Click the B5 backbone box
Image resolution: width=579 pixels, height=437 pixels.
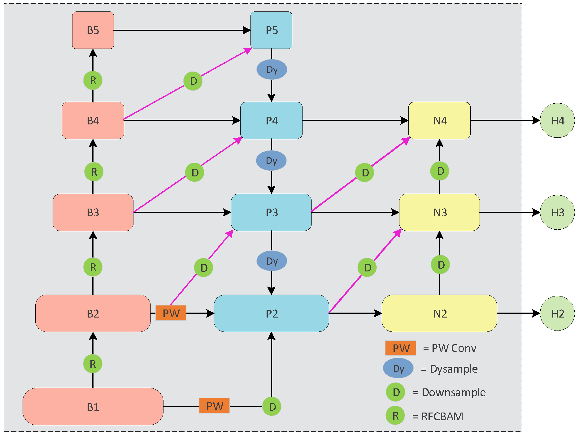(x=93, y=30)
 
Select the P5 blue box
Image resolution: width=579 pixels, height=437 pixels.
(x=271, y=30)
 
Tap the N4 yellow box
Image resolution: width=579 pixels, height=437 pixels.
(x=439, y=120)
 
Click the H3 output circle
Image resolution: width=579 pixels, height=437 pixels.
(x=557, y=212)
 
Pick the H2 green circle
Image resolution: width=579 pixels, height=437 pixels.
(x=557, y=313)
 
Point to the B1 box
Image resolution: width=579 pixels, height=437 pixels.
(x=93, y=406)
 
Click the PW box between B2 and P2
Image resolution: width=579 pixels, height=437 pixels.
(x=171, y=313)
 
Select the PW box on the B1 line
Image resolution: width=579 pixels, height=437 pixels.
(x=214, y=406)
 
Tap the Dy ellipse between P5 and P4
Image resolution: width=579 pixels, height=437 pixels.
(x=272, y=69)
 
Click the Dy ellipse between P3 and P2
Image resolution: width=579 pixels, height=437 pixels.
(x=272, y=261)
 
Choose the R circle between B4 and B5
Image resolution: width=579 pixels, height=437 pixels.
(x=93, y=80)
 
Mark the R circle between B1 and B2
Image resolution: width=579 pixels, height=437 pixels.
(x=93, y=364)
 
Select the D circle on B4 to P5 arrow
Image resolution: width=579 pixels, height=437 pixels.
(x=193, y=81)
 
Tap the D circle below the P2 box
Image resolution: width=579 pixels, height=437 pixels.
(x=272, y=407)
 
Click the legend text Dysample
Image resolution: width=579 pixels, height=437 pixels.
(x=453, y=369)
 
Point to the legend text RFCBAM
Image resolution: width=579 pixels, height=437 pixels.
(x=442, y=416)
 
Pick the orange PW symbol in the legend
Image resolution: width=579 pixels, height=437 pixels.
(x=400, y=348)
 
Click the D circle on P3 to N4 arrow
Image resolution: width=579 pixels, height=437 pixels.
(x=365, y=172)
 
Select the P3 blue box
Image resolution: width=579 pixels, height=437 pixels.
(x=271, y=212)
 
